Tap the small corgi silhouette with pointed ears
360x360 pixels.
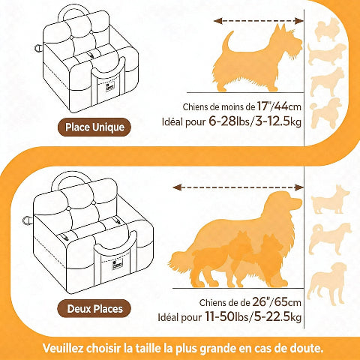pos(331,199)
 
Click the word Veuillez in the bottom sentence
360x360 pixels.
pos(67,348)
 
